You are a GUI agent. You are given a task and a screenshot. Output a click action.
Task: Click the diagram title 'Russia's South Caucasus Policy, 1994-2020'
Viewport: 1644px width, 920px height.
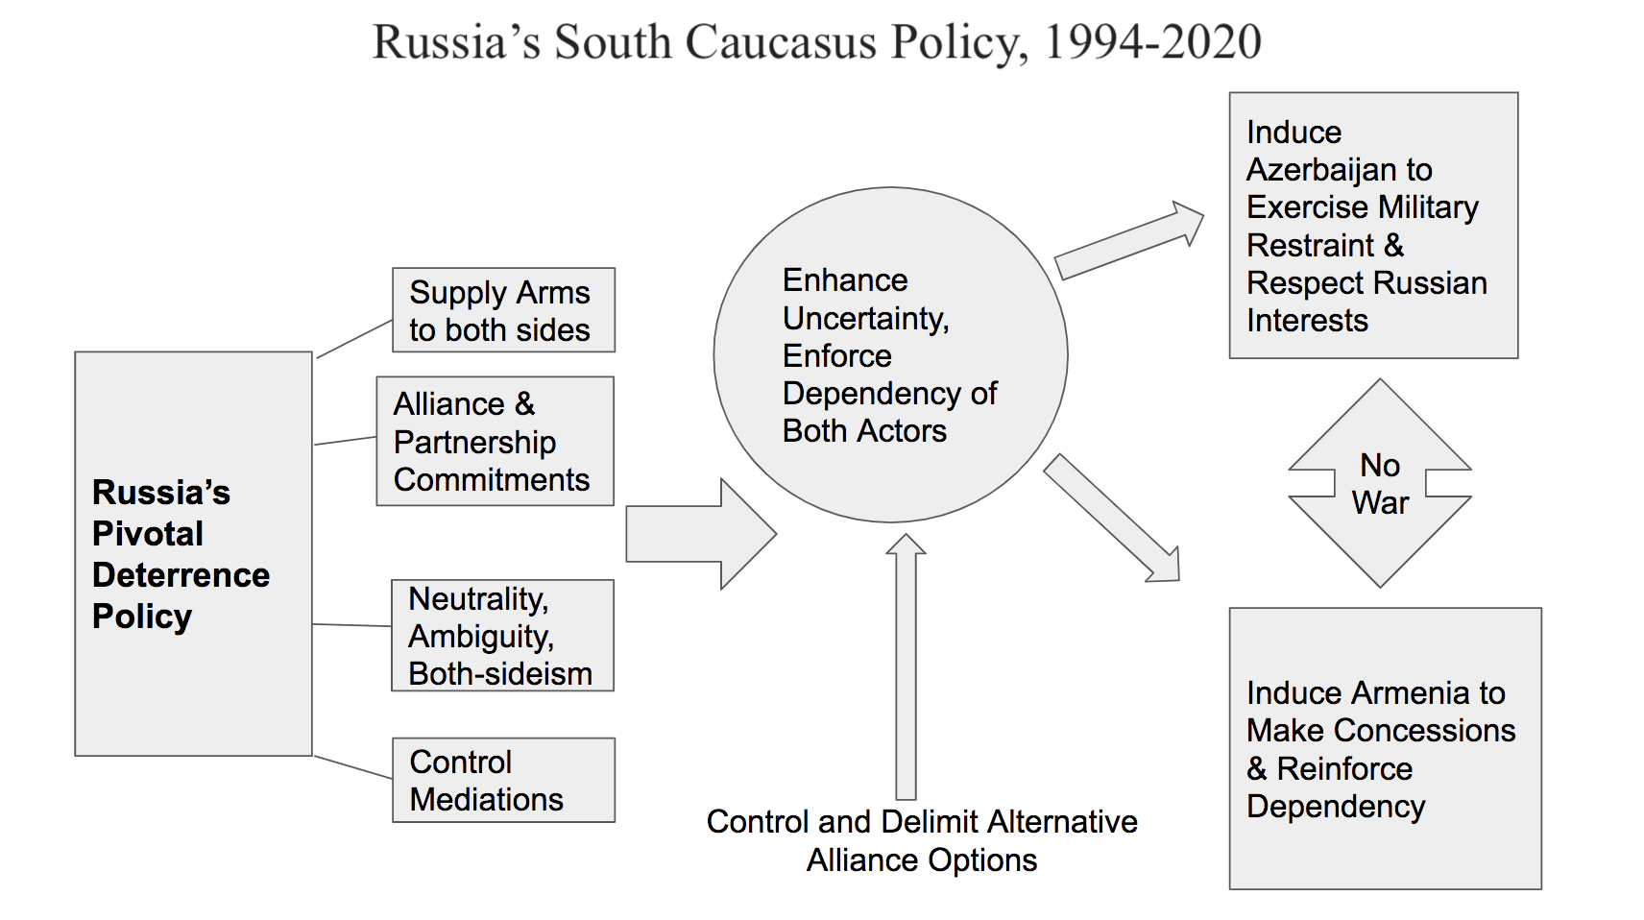click(817, 42)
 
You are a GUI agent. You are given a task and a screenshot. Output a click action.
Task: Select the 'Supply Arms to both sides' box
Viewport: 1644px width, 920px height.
click(503, 310)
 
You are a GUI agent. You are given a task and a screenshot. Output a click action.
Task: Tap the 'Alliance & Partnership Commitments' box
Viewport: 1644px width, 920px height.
click(496, 442)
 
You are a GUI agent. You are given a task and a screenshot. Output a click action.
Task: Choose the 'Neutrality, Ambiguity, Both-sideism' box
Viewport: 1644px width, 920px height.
click(503, 636)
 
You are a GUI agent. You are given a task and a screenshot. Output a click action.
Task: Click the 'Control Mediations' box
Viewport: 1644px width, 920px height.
click(503, 780)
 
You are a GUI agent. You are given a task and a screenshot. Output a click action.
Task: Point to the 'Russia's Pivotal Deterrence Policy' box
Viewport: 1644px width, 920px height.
click(194, 553)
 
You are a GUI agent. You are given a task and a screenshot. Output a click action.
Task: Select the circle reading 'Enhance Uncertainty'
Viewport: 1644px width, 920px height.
click(890, 355)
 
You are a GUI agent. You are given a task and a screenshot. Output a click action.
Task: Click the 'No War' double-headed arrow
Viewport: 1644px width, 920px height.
click(1380, 483)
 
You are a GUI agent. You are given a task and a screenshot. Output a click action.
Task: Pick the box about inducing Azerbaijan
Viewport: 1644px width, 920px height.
click(1374, 226)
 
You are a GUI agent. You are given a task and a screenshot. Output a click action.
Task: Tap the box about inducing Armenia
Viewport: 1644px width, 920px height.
click(1386, 748)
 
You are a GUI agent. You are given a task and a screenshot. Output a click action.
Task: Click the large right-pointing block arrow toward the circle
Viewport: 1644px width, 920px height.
click(701, 535)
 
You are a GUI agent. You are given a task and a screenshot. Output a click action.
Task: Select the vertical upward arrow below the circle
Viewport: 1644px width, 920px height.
click(906, 666)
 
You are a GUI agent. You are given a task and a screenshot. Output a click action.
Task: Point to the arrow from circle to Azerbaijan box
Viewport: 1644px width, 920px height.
click(1129, 241)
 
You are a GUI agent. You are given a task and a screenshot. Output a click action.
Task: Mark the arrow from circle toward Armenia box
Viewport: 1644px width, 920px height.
click(1112, 519)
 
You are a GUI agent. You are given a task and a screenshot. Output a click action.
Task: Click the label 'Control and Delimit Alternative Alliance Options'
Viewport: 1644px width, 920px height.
click(922, 840)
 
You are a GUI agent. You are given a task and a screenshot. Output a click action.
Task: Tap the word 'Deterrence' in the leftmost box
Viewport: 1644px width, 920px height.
click(181, 575)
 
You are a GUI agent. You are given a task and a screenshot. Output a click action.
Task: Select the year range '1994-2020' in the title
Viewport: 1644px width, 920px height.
click(1152, 42)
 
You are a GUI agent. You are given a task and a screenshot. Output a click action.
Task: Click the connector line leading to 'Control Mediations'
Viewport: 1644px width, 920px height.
click(353, 766)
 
